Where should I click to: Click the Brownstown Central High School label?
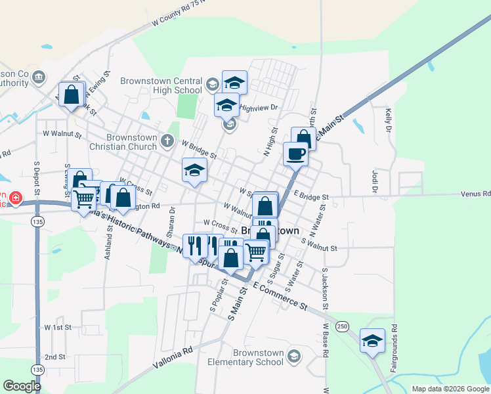[x=161, y=85]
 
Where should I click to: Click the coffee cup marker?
[x=295, y=154]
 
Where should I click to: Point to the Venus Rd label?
[x=475, y=194]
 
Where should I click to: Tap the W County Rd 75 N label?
[x=179, y=12]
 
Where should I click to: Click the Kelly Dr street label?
[x=389, y=120]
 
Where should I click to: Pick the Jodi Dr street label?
[x=375, y=182]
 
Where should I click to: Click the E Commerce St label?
[x=280, y=295]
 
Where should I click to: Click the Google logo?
[x=22, y=386]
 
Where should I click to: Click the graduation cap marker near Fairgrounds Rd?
[x=372, y=340]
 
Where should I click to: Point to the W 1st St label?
[x=57, y=326]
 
